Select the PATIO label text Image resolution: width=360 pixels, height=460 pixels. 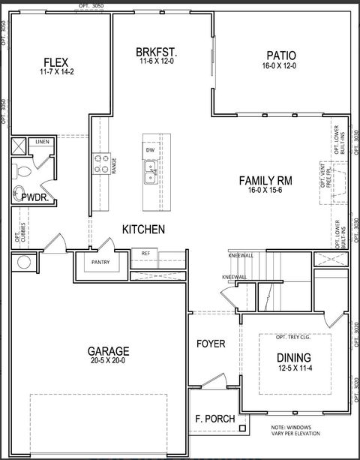pyautogui.click(x=281, y=56)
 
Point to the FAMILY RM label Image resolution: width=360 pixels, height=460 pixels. pyautogui.click(x=265, y=180)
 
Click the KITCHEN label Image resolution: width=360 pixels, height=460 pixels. pyautogui.click(x=144, y=228)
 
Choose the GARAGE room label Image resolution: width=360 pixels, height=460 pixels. pyautogui.click(x=109, y=350)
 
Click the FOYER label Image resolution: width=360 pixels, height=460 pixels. pyautogui.click(x=211, y=344)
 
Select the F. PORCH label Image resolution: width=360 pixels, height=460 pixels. pyautogui.click(x=214, y=419)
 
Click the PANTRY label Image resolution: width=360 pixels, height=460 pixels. pyautogui.click(x=102, y=263)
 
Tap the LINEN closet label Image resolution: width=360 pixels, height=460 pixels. pyautogui.click(x=42, y=142)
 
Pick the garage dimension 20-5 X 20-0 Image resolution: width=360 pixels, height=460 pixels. pyautogui.click(x=109, y=361)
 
